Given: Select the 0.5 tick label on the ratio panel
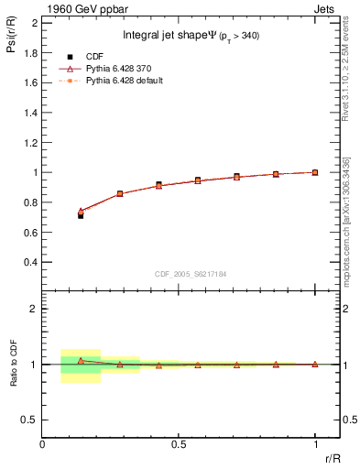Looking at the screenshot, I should [28, 420].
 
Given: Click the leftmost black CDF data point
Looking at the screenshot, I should [81, 215].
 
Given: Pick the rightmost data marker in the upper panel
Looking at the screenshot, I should [315, 172].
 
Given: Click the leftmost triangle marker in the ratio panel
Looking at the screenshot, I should [81, 360].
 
